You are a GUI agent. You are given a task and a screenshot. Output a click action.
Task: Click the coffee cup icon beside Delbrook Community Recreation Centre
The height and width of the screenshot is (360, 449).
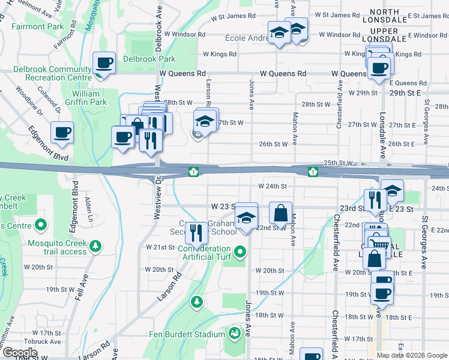[x=104, y=63]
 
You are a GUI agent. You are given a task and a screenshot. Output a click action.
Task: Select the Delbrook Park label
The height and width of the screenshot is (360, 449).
[x=149, y=59]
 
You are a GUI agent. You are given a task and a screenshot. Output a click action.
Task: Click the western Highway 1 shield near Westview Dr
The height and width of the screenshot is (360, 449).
[x=193, y=172]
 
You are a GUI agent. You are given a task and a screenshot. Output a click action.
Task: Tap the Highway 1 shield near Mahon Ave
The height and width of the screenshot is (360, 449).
[x=312, y=172]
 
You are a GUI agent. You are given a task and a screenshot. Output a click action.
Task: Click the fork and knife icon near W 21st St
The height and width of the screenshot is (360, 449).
[x=196, y=232]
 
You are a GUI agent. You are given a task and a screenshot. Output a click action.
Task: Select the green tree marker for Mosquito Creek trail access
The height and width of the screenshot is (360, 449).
[x=95, y=246]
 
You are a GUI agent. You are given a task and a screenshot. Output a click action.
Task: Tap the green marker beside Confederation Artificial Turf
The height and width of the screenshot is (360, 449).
[x=241, y=251]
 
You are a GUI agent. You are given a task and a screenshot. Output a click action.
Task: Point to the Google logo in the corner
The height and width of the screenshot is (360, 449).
[x=20, y=353]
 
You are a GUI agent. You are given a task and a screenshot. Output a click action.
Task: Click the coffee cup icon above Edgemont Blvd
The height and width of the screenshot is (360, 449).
[x=61, y=133]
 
